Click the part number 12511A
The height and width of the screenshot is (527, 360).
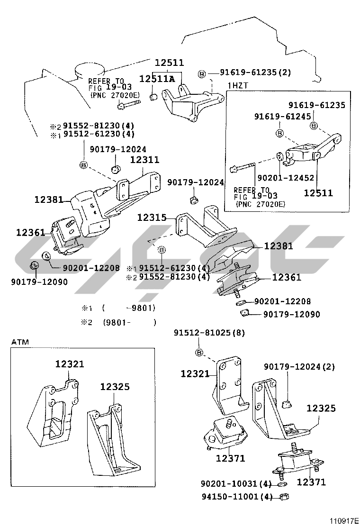[157, 79]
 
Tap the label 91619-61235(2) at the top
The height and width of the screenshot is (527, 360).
[255, 72]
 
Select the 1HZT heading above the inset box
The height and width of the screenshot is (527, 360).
[238, 86]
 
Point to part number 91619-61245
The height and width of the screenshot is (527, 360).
[282, 117]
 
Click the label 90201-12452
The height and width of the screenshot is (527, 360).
[286, 177]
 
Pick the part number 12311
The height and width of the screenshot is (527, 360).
[145, 159]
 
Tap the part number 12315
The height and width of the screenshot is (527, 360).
[152, 218]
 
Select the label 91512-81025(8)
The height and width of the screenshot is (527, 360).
[209, 333]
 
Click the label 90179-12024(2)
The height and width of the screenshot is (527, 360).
[299, 366]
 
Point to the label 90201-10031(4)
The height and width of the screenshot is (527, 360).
[236, 484]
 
